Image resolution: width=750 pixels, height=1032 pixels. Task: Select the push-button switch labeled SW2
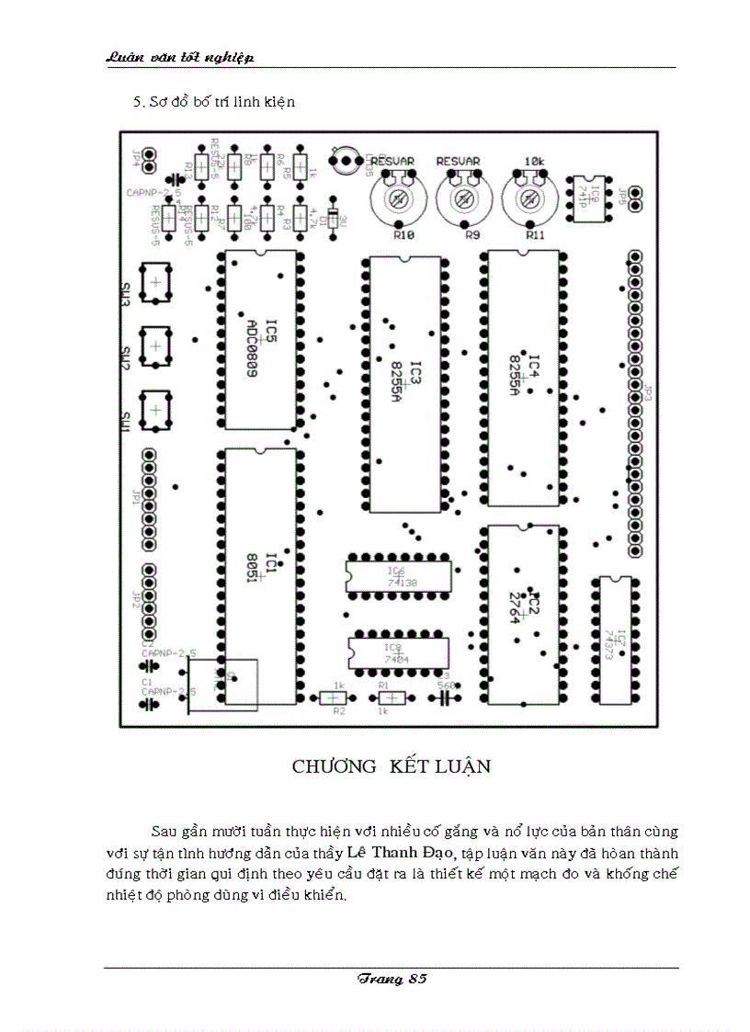[155, 346]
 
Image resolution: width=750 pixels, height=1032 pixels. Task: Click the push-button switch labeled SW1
[155, 409]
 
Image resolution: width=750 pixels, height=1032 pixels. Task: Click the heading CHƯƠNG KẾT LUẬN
[392, 766]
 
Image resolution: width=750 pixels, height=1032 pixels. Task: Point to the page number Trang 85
[392, 979]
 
